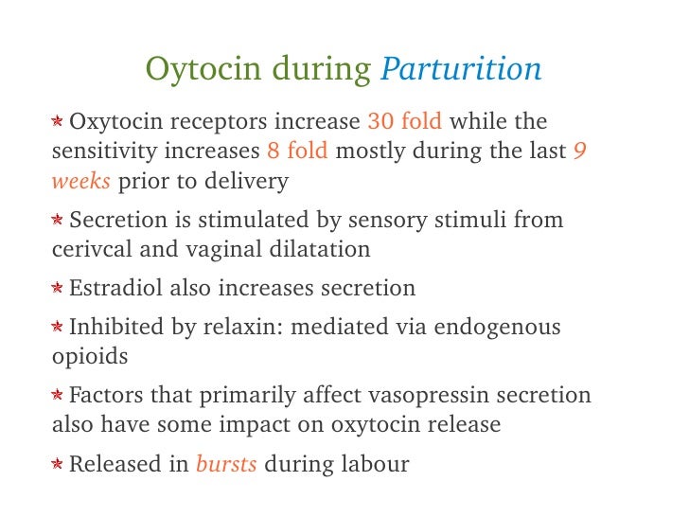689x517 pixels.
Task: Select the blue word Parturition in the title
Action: pos(461,70)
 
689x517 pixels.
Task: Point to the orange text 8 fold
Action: pos(297,152)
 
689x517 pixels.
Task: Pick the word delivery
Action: pos(243,180)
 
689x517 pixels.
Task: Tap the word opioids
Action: pos(90,358)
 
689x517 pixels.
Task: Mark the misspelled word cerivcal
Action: pos(89,250)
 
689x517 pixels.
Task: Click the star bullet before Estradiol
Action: pos(58,289)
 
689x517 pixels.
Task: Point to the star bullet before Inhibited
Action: pos(58,329)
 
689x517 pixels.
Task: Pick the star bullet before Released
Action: pos(58,465)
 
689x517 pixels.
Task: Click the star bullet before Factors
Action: pos(58,396)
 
